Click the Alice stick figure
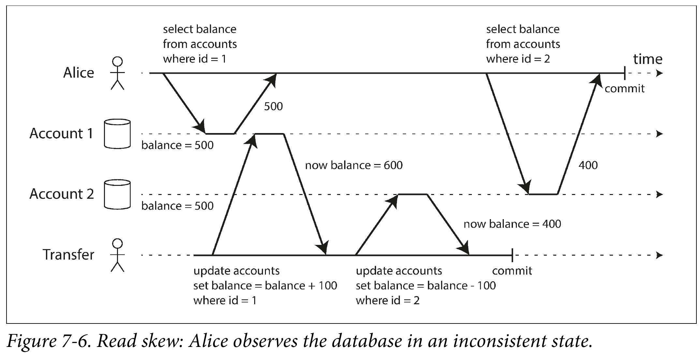click(117, 73)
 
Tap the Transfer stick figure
click(117, 255)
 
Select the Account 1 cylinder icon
click(117, 134)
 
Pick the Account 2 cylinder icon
click(117, 194)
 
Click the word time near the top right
click(648, 59)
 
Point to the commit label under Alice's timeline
click(624, 89)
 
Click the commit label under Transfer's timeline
click(512, 271)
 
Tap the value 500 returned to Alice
click(273, 106)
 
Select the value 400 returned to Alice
click(588, 165)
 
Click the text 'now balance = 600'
click(354, 165)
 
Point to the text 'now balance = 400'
click(512, 224)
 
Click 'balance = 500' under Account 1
click(178, 145)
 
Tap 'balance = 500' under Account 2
click(178, 206)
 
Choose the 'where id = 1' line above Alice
click(195, 59)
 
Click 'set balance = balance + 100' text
click(265, 286)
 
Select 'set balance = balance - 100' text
click(426, 286)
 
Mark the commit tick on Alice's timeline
click(624, 73)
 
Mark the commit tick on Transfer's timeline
click(512, 255)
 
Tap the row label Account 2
click(62, 194)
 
